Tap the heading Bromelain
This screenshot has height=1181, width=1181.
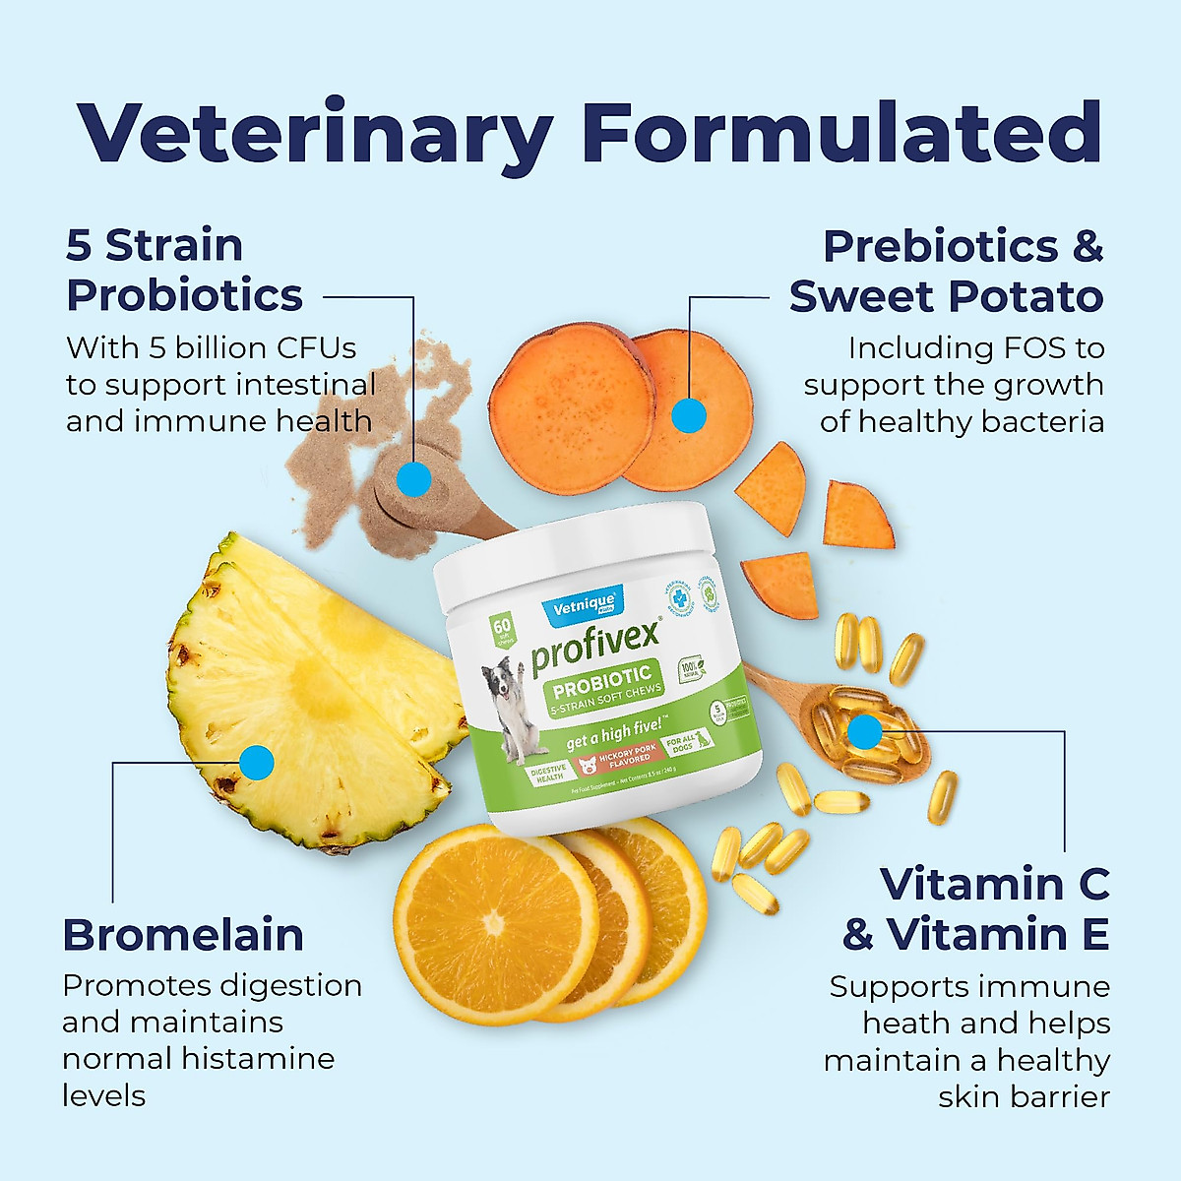pos(183,935)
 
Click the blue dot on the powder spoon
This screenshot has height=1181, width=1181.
pos(414,479)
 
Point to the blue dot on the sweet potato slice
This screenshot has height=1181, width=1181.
pos(689,415)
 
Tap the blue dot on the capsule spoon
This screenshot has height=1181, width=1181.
pos(864,731)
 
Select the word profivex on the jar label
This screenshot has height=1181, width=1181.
pos(594,649)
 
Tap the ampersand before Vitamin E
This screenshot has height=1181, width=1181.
pos(858,935)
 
